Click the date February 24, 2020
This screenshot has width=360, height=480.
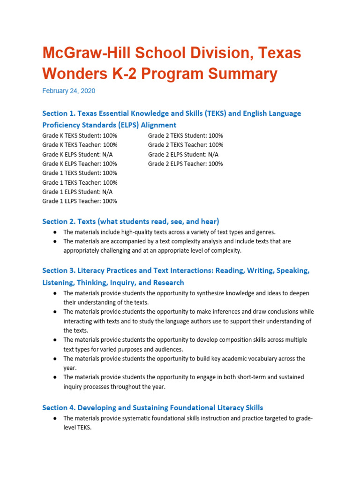point(68,91)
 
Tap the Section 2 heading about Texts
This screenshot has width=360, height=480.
point(130,221)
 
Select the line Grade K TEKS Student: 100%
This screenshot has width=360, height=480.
point(80,135)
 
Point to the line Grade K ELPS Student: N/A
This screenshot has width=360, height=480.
point(77,154)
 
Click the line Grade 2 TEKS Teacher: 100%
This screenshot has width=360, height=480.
point(186,145)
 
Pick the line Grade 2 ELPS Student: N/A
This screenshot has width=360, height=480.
point(183,154)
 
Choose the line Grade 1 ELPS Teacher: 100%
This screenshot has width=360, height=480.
point(80,201)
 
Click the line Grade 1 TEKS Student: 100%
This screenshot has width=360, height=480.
point(80,173)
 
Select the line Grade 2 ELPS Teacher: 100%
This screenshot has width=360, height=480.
point(186,164)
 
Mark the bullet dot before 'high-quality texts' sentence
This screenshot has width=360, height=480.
point(55,232)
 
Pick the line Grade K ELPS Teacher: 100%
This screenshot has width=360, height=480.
point(80,164)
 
